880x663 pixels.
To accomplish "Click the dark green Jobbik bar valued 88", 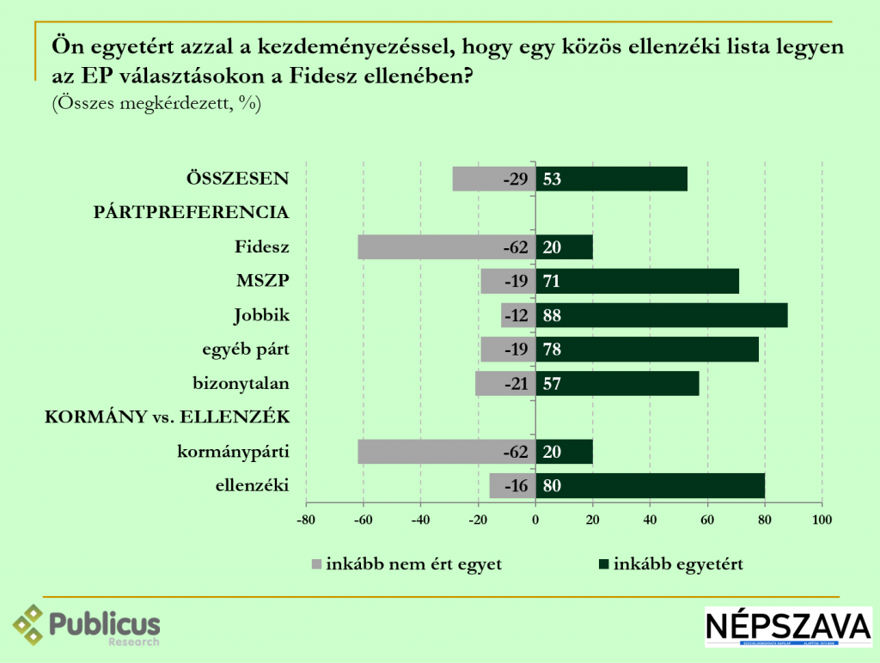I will pos(661,315).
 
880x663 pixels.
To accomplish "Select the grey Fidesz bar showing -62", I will pos(430,247).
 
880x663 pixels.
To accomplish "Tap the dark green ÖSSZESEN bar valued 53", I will pos(611,179).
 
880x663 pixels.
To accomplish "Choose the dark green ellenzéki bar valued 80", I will pos(650,486).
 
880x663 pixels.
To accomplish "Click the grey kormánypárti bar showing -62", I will pos(430,452).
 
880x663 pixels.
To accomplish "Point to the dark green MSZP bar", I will pos(637,281).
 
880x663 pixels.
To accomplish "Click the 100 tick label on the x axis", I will pos(822,520).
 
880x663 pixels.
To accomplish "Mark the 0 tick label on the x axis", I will pos(535,520).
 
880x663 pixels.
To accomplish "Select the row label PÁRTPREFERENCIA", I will pos(190,212).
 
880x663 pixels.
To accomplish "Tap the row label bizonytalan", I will pos(240,384).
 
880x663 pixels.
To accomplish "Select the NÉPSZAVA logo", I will pos(787,627).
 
